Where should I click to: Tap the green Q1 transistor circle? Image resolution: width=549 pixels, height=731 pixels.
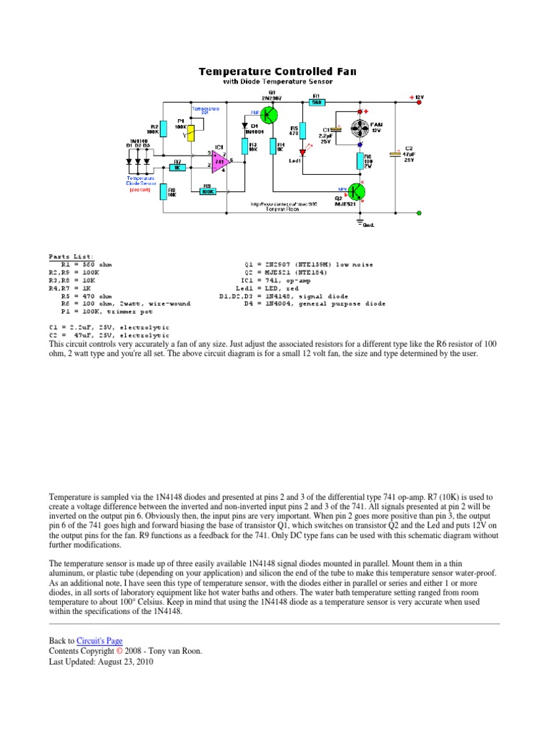pos(269,114)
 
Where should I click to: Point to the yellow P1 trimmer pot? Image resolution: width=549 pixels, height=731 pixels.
pos(191,133)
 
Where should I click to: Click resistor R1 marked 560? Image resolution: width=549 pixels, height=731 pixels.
pos(316,103)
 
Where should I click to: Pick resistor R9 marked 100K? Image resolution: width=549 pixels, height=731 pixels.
pos(207,191)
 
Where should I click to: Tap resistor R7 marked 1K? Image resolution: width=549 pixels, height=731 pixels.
pos(177,167)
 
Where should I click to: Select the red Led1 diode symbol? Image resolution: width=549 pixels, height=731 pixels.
pos(302,151)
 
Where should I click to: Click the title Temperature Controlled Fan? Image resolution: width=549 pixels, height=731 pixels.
pos(277,71)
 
